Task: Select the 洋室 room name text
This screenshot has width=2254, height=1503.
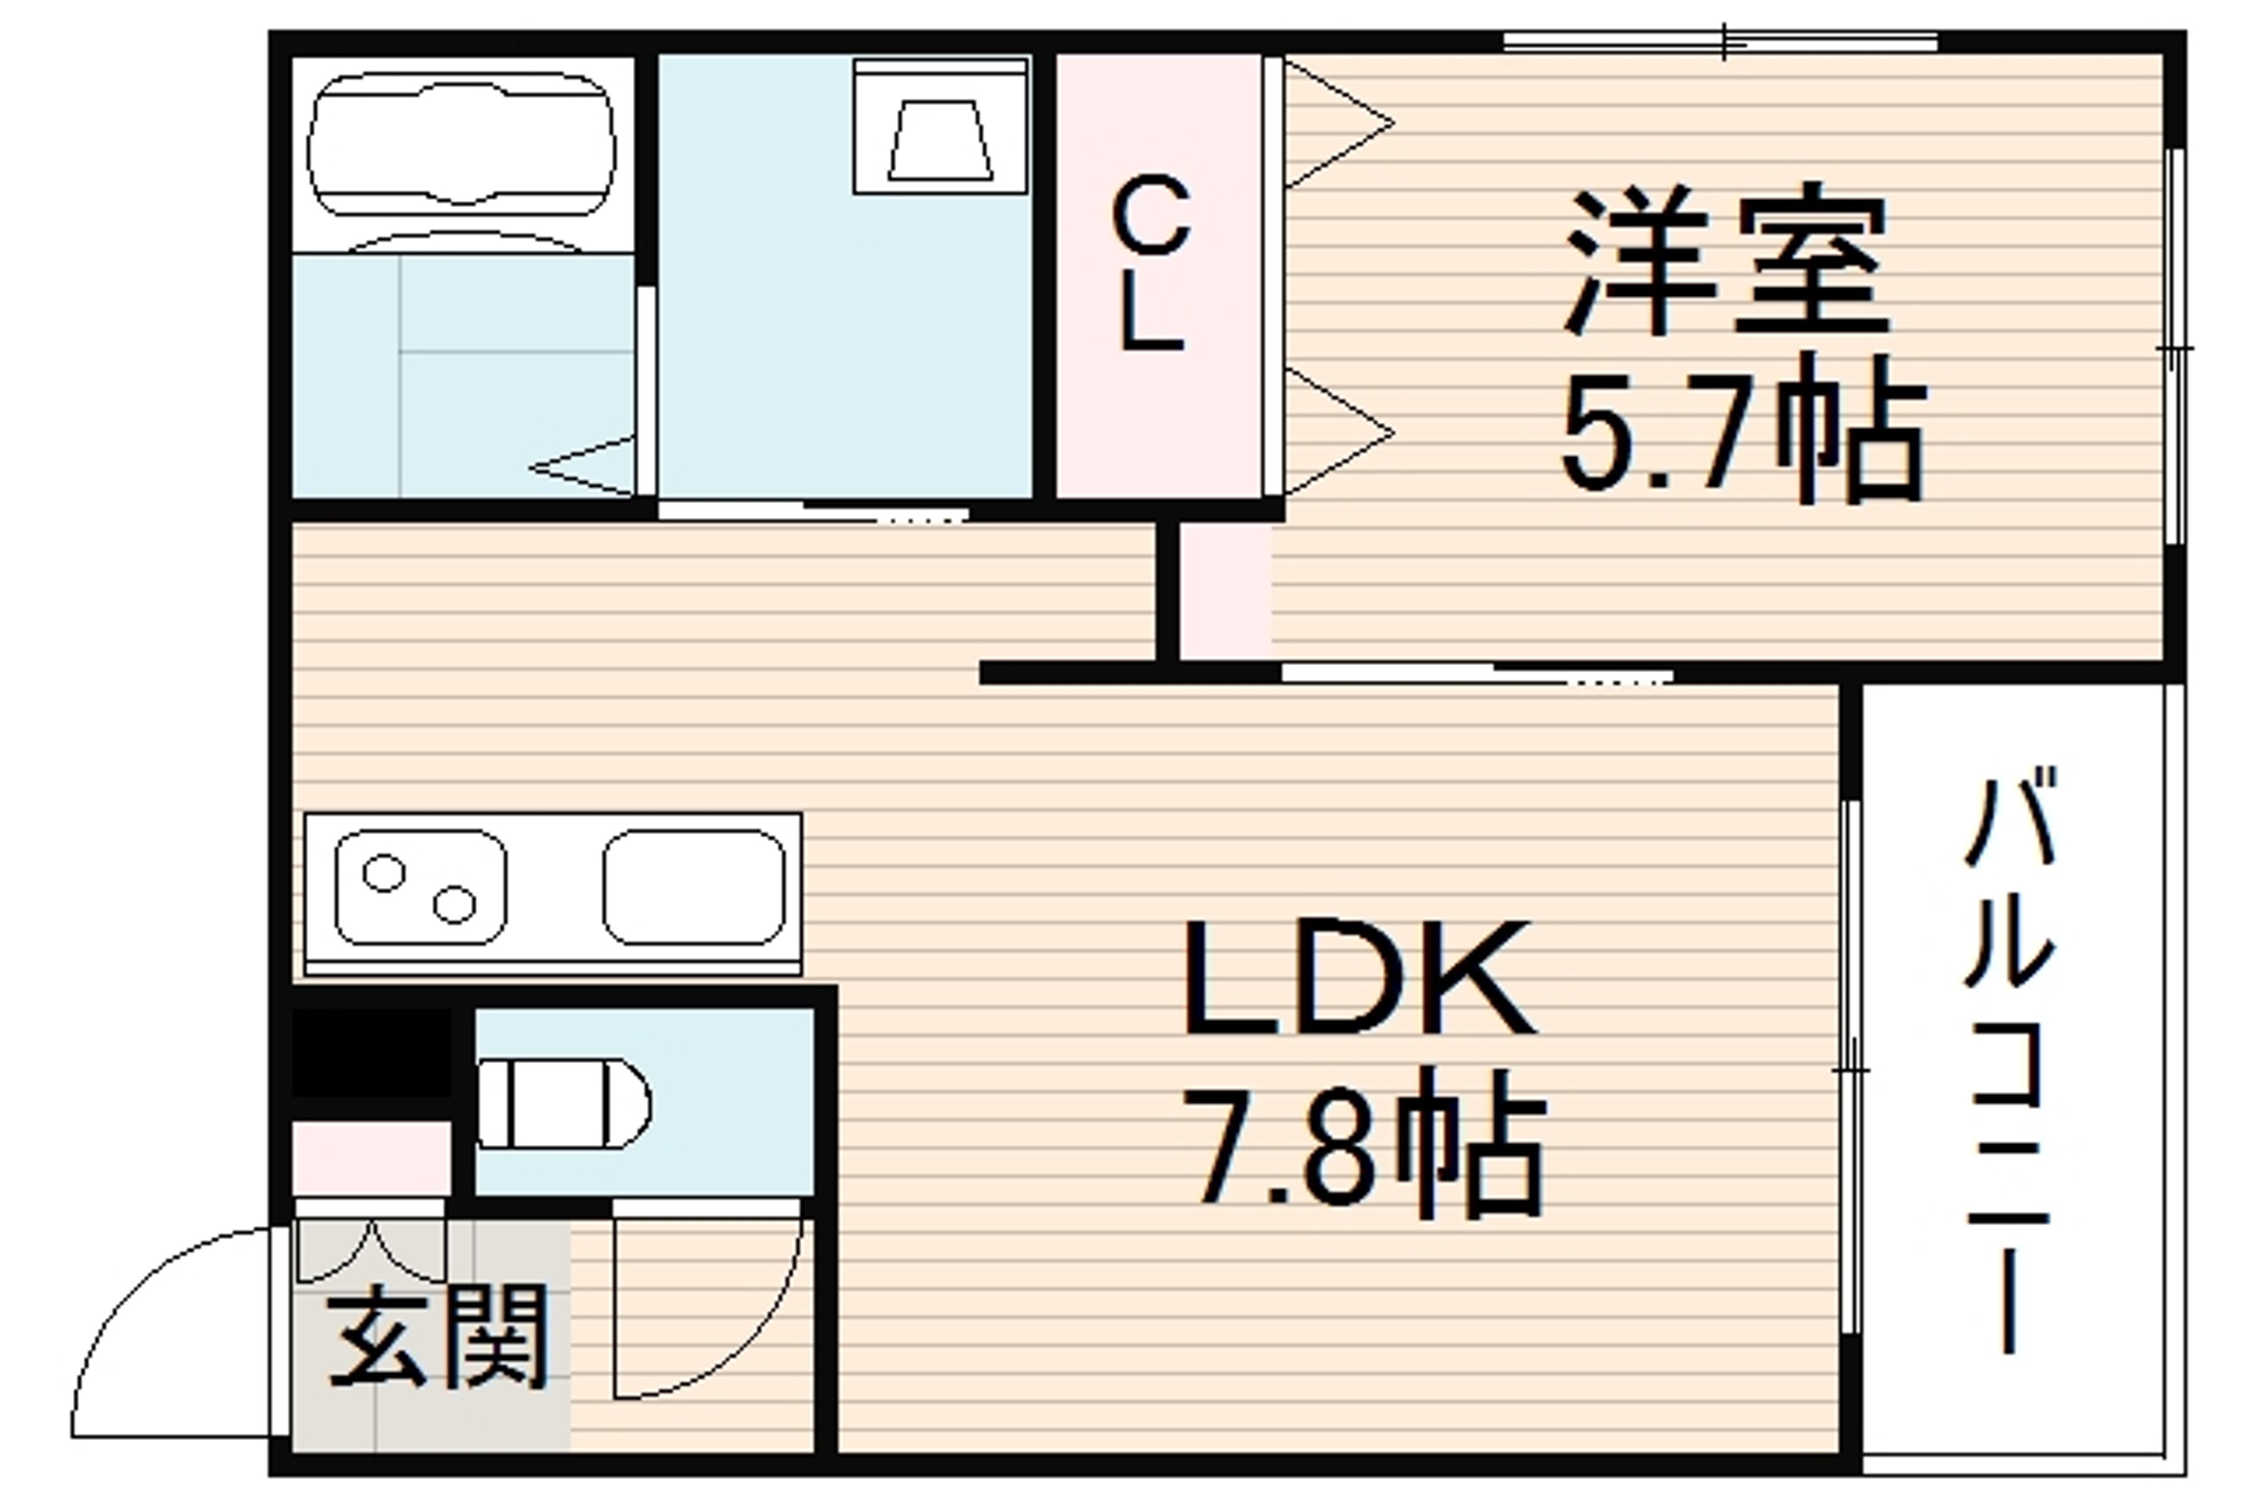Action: pyautogui.click(x=1725, y=259)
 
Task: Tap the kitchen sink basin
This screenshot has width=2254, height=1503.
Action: pyautogui.click(x=694, y=887)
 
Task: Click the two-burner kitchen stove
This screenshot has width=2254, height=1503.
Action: pyautogui.click(x=421, y=887)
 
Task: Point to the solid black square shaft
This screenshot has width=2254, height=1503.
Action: pyautogui.click(x=371, y=1053)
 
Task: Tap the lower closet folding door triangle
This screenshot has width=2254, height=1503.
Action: pyautogui.click(x=1338, y=432)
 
